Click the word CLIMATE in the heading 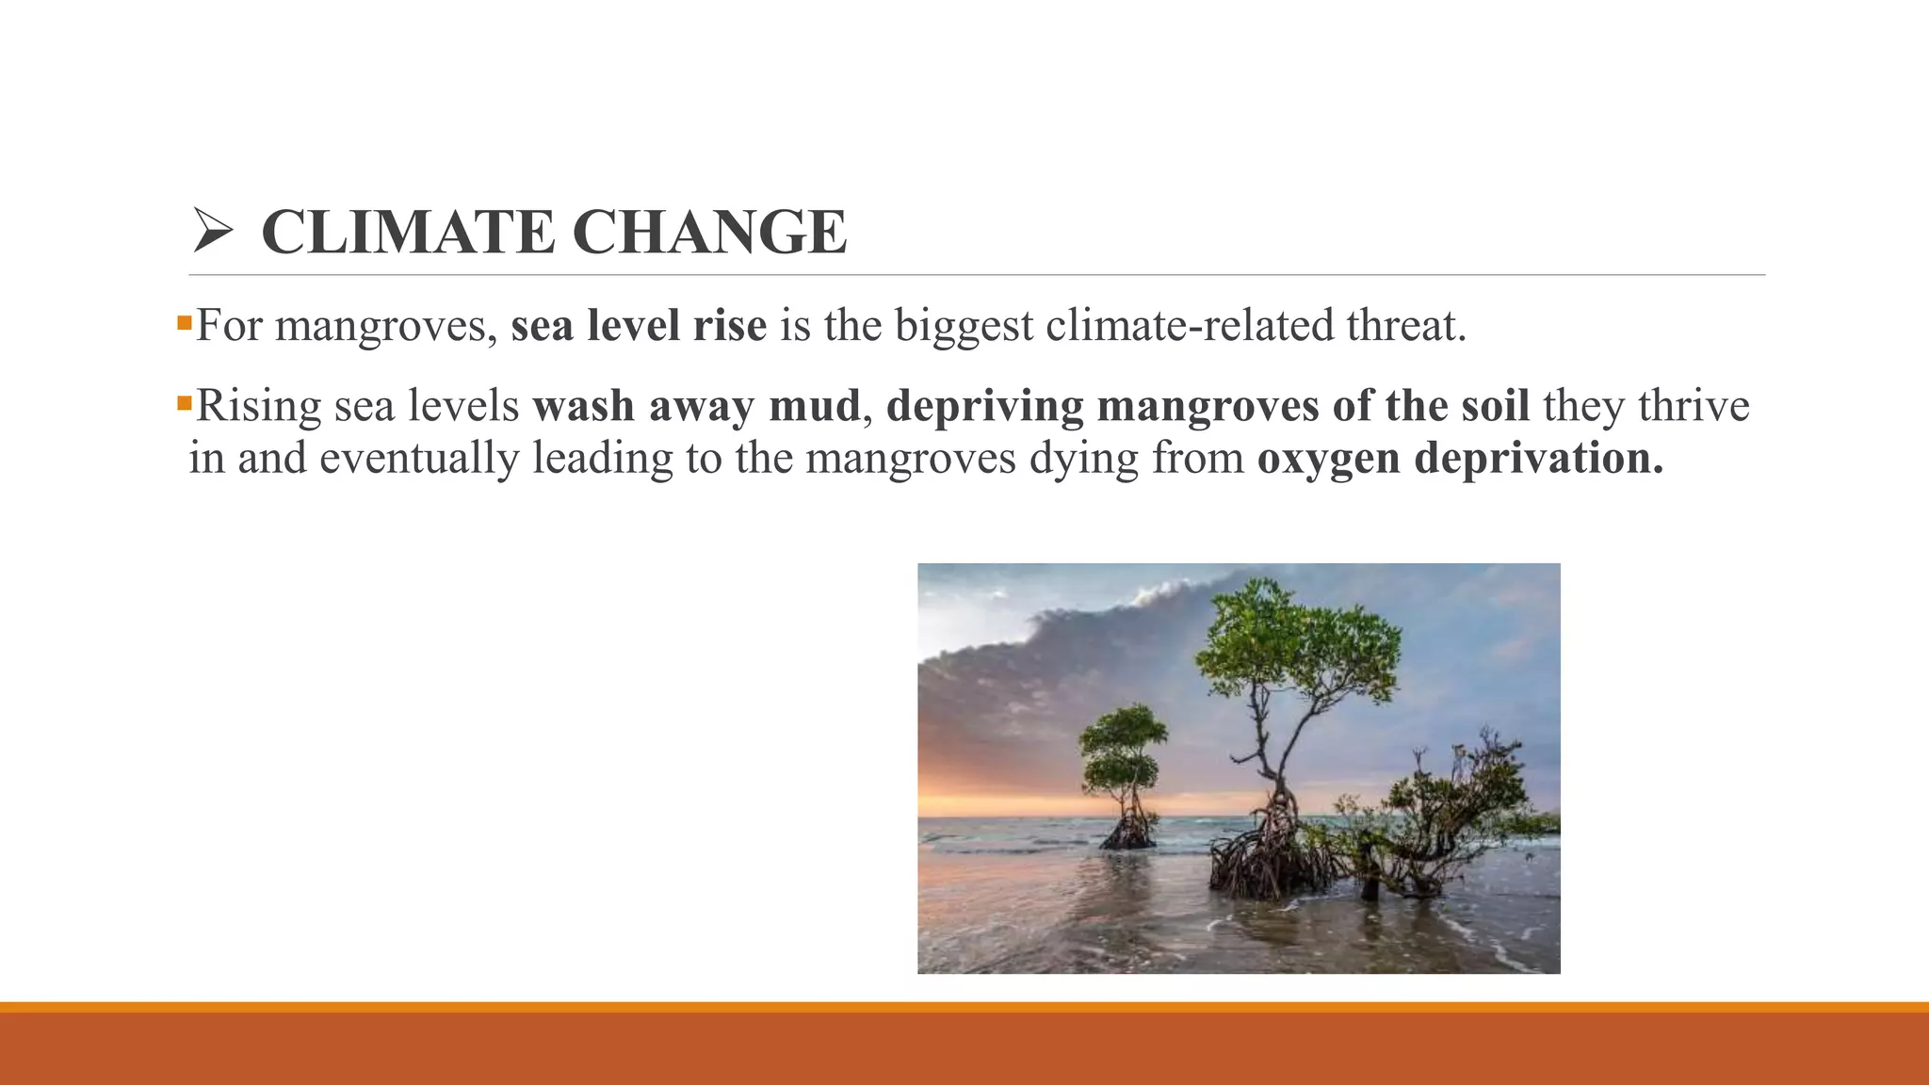click(408, 232)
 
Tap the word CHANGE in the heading click(709, 232)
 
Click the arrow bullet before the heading click(212, 232)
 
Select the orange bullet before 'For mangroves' click(184, 324)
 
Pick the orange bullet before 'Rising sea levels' click(184, 404)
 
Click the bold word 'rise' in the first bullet click(730, 326)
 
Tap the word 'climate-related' click(1189, 326)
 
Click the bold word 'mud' click(815, 406)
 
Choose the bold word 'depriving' click(985, 407)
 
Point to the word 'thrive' click(1694, 406)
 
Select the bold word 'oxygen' click(1329, 460)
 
